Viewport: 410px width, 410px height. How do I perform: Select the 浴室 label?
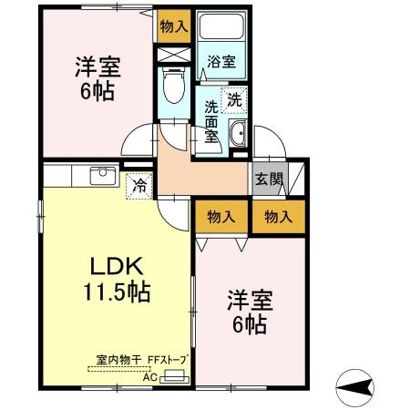click(x=220, y=63)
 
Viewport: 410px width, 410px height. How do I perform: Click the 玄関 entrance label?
click(x=267, y=179)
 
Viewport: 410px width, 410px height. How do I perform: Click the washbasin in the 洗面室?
click(x=237, y=134)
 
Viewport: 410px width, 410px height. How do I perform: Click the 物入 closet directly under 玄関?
click(x=278, y=217)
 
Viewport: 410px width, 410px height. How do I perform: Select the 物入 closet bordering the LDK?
click(x=221, y=217)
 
